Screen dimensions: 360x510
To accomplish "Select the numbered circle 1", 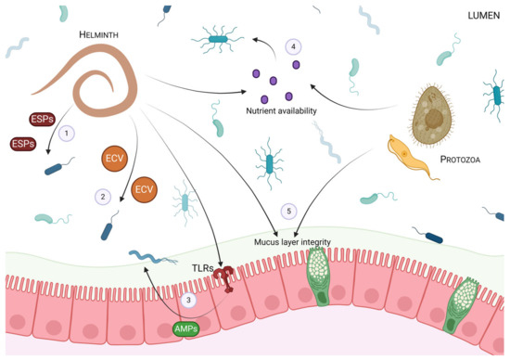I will pyautogui.click(x=66, y=134).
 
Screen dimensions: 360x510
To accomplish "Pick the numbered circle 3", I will pyautogui.click(x=188, y=299).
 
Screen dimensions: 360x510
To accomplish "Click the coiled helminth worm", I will pyautogui.click(x=101, y=83).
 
